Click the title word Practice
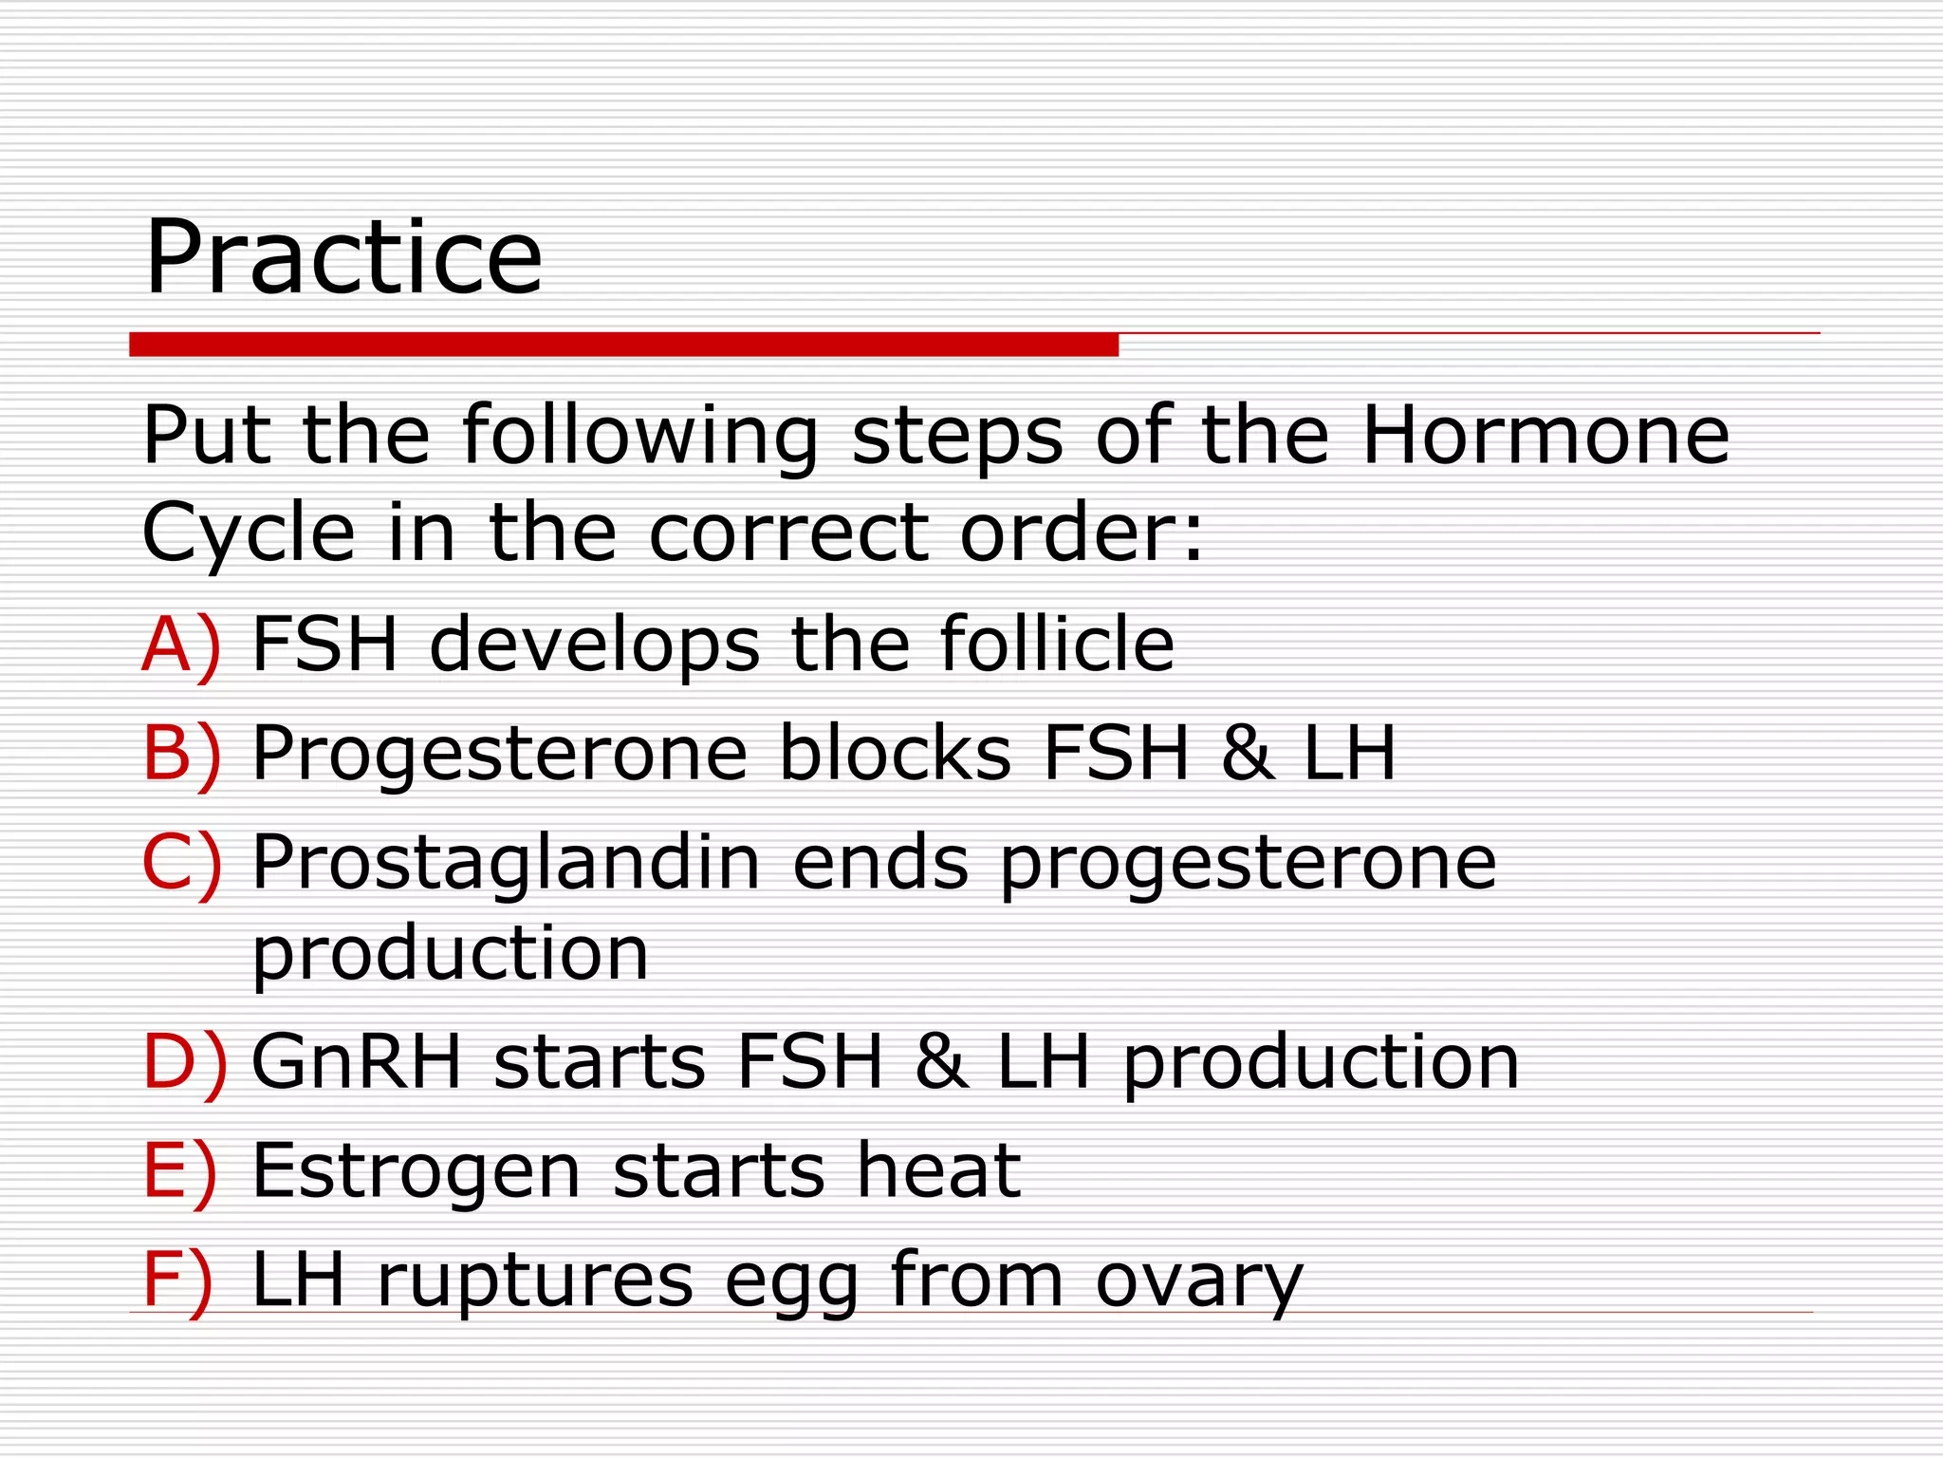click(343, 257)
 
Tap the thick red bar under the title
click(623, 345)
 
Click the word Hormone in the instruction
click(1545, 436)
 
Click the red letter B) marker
click(181, 754)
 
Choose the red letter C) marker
click(181, 863)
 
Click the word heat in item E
click(938, 1170)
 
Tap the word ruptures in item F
click(535, 1281)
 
